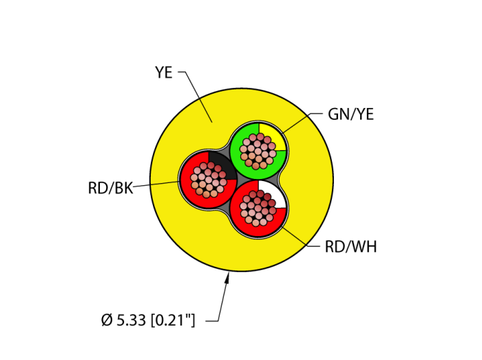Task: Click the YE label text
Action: point(164,72)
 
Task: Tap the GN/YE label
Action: point(350,114)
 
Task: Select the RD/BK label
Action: point(110,187)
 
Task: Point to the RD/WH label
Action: point(350,247)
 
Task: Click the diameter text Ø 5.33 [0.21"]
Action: point(148,320)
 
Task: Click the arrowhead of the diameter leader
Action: point(227,277)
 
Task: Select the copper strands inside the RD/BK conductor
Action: point(208,180)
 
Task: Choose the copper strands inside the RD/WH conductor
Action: point(258,208)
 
